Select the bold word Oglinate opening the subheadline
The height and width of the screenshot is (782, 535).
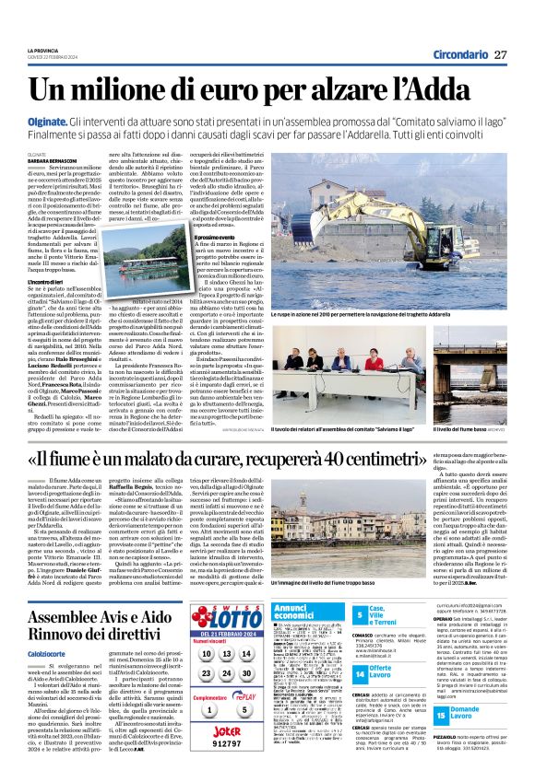pos(51,123)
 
